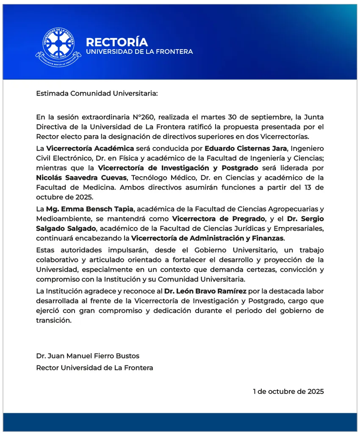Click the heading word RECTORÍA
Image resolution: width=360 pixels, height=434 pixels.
pos(117,42)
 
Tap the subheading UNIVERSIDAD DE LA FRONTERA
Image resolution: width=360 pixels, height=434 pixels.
pos(139,52)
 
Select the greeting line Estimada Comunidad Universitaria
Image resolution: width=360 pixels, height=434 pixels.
pos(97,93)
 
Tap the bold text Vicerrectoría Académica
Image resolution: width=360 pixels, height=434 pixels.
pos(90,148)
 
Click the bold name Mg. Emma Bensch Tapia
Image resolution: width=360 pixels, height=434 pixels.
pos(89,209)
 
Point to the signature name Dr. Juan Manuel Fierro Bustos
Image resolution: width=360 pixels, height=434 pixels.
pos(88,356)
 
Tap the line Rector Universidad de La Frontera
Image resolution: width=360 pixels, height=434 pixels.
pos(94,368)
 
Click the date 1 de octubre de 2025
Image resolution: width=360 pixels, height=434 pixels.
pos(288,391)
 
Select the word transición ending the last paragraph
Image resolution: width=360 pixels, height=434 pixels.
pos(53,321)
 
